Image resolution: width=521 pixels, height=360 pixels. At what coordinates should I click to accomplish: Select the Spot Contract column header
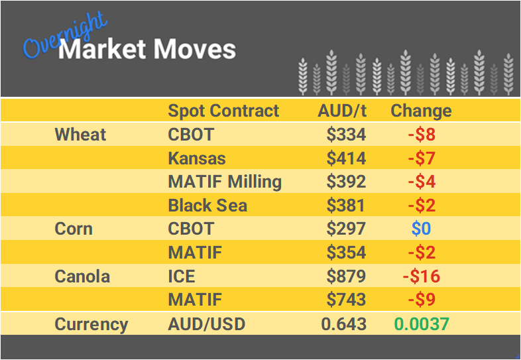point(223,111)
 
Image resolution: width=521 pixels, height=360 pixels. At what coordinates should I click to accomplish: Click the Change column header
point(421,111)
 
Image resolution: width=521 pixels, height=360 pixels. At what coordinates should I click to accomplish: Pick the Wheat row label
point(80,135)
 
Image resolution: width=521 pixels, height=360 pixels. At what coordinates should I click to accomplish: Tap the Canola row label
point(82,276)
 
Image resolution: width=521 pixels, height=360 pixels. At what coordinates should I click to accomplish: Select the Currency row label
point(91,324)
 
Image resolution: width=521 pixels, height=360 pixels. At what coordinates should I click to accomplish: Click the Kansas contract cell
point(197,158)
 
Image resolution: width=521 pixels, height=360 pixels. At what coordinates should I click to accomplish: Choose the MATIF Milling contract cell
point(225,182)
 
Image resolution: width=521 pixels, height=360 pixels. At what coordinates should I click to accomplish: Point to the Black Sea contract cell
point(207,206)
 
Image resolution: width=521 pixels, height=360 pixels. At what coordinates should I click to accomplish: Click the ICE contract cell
point(182,276)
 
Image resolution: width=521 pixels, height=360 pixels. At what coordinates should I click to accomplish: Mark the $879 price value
point(346,276)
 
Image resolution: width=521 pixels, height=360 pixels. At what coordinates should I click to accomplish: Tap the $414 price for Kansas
point(346,158)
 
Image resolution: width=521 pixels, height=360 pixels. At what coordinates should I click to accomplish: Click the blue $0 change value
point(421,229)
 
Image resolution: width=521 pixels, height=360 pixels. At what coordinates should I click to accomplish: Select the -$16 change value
point(421,276)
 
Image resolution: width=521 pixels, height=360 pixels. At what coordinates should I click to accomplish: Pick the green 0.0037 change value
point(421,324)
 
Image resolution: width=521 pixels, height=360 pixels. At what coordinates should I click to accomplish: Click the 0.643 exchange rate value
point(343,324)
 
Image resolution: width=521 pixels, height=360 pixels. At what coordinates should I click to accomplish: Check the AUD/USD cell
point(206,324)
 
